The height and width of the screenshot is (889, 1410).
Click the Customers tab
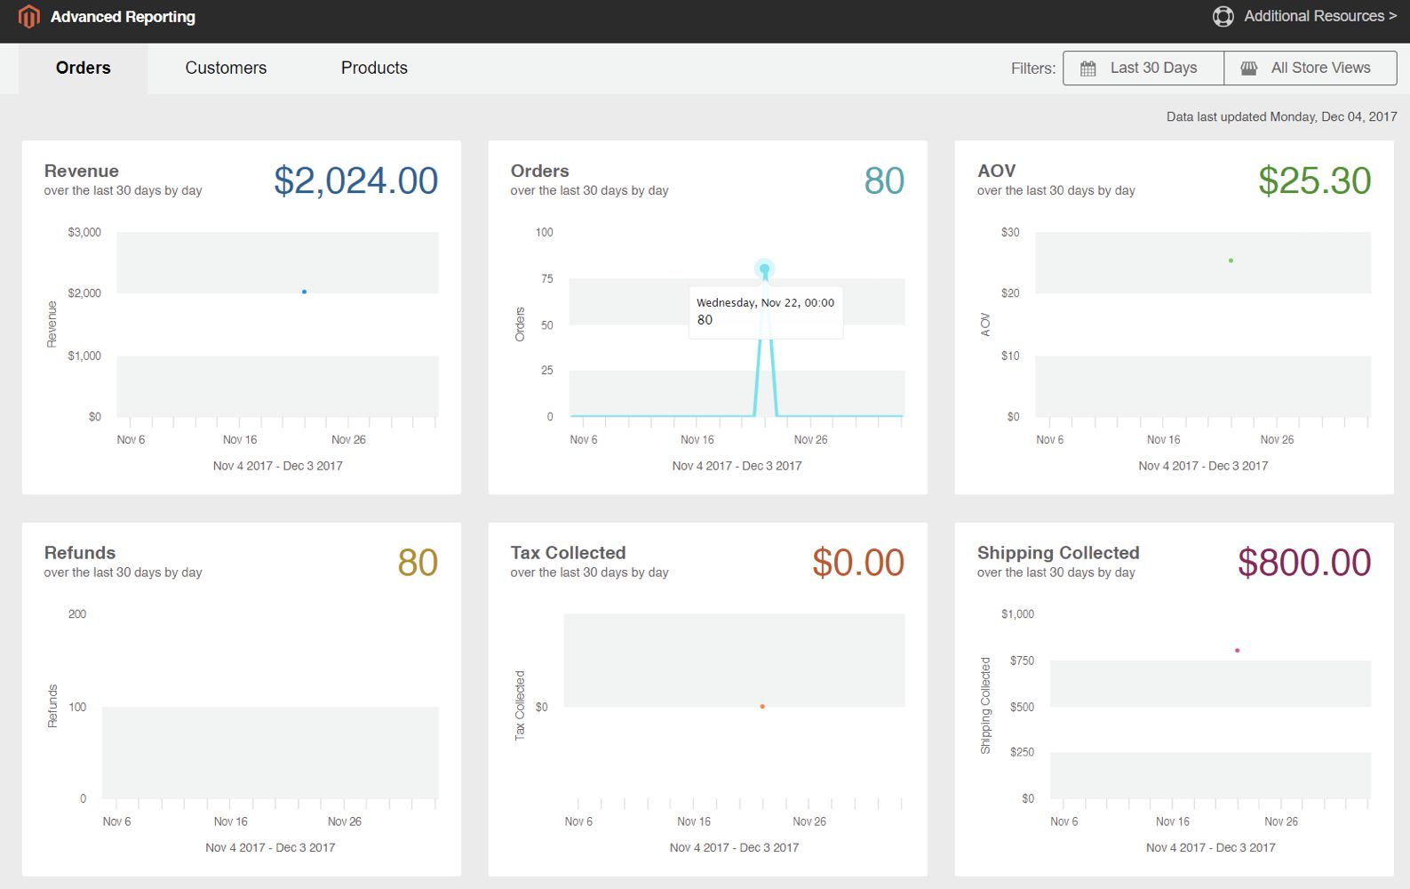tap(226, 68)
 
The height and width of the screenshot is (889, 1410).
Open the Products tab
tap(374, 68)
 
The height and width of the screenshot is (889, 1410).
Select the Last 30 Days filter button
tap(1143, 68)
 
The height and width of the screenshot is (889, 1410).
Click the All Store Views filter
tap(1310, 68)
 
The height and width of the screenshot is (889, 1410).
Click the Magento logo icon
tap(29, 16)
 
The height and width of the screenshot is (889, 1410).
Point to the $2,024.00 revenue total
tap(355, 180)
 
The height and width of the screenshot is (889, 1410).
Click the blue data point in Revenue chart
tap(304, 292)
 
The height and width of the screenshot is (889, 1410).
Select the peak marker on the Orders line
tap(764, 268)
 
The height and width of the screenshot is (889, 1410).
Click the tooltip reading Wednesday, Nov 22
tap(765, 311)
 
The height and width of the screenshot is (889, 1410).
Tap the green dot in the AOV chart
tap(1231, 260)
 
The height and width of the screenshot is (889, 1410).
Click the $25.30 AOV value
tap(1314, 180)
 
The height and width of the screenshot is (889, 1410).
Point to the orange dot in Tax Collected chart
tap(762, 707)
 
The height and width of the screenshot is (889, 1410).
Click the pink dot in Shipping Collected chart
tap(1237, 651)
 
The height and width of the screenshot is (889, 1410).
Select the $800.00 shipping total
tap(1303, 563)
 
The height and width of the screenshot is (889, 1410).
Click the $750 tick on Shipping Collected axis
tap(1022, 661)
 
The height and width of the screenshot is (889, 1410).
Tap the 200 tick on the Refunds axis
tap(77, 614)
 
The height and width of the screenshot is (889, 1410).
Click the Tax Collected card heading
tap(568, 553)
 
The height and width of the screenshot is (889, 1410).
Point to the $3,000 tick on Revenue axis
tap(84, 232)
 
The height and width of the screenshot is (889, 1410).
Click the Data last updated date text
tap(1280, 116)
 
